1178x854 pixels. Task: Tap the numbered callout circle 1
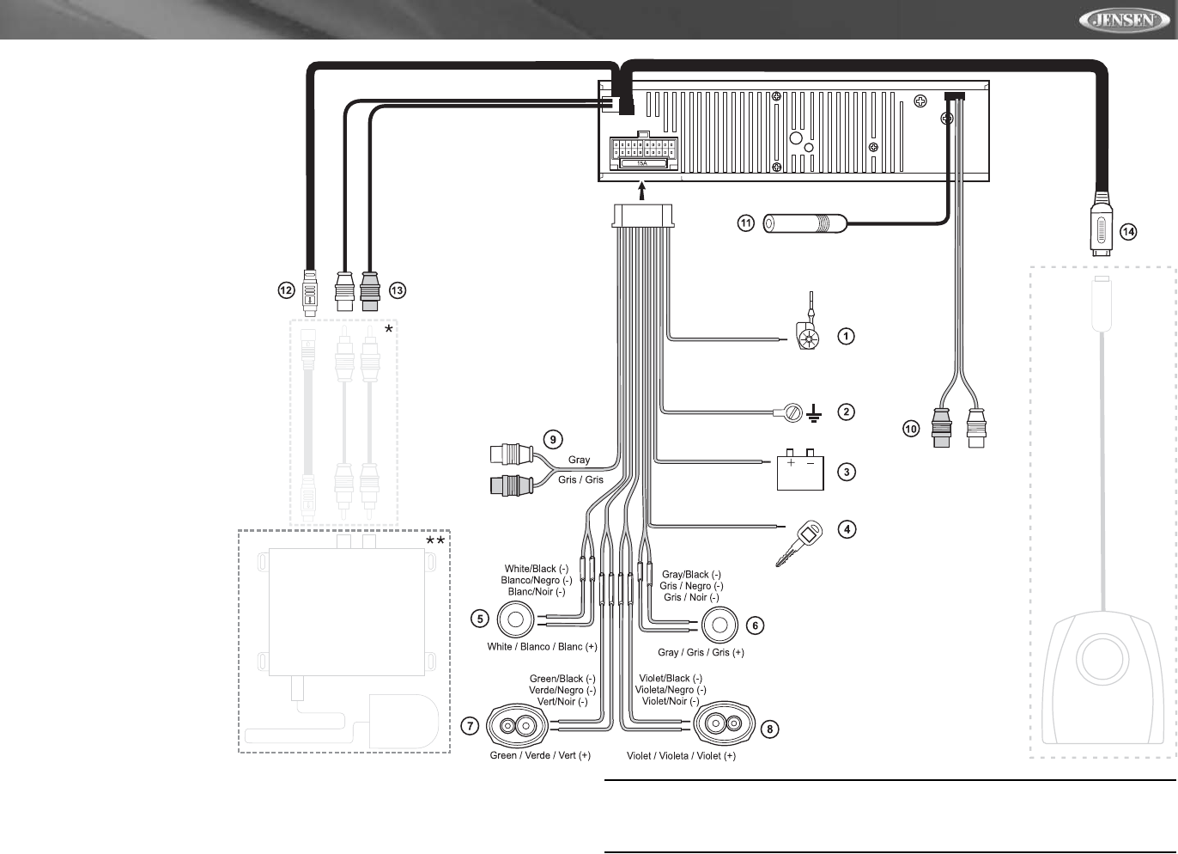[846, 336]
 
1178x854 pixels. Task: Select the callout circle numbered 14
[1128, 232]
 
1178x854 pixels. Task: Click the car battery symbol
[800, 471]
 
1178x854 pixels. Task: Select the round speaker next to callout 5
[517, 618]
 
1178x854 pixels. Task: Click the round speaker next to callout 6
[720, 625]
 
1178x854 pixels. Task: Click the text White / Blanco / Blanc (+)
[542, 647]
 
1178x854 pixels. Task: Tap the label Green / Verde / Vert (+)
[540, 756]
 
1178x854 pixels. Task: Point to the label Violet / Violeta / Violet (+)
[681, 756]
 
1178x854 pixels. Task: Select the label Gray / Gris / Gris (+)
[701, 653]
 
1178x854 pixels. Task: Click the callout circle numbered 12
[286, 290]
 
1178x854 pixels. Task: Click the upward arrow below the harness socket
[643, 190]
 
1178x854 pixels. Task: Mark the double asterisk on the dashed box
[435, 542]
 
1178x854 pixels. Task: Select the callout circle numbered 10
[911, 428]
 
